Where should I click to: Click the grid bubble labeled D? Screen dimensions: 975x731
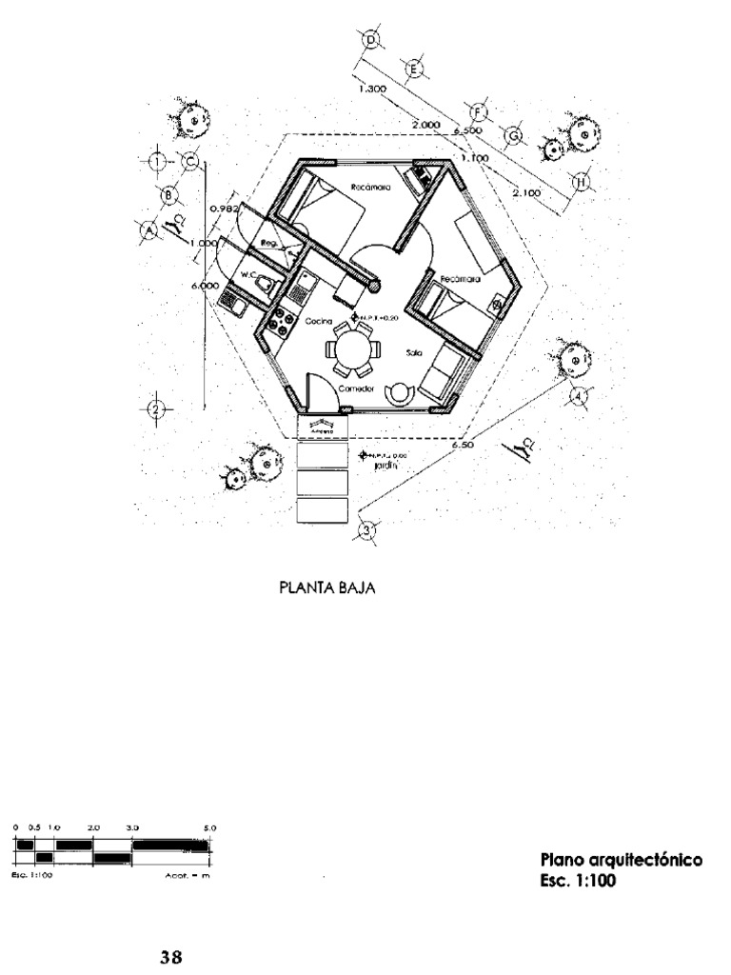pyautogui.click(x=371, y=39)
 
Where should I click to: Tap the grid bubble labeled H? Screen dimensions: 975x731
pyautogui.click(x=582, y=182)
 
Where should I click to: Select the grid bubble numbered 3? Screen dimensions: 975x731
pyautogui.click(x=366, y=529)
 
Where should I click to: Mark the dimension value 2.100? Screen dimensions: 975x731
pyautogui.click(x=525, y=192)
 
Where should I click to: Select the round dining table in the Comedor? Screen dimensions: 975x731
pyautogui.click(x=352, y=349)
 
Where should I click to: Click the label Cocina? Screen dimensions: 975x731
pyautogui.click(x=319, y=322)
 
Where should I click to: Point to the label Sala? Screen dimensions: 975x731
pyautogui.click(x=413, y=351)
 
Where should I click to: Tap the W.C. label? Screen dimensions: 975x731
pyautogui.click(x=250, y=274)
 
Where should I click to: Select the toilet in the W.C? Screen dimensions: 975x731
pyautogui.click(x=270, y=285)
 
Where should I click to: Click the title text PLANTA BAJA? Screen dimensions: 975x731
pyautogui.click(x=326, y=587)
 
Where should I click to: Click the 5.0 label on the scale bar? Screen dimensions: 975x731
pyautogui.click(x=210, y=828)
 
